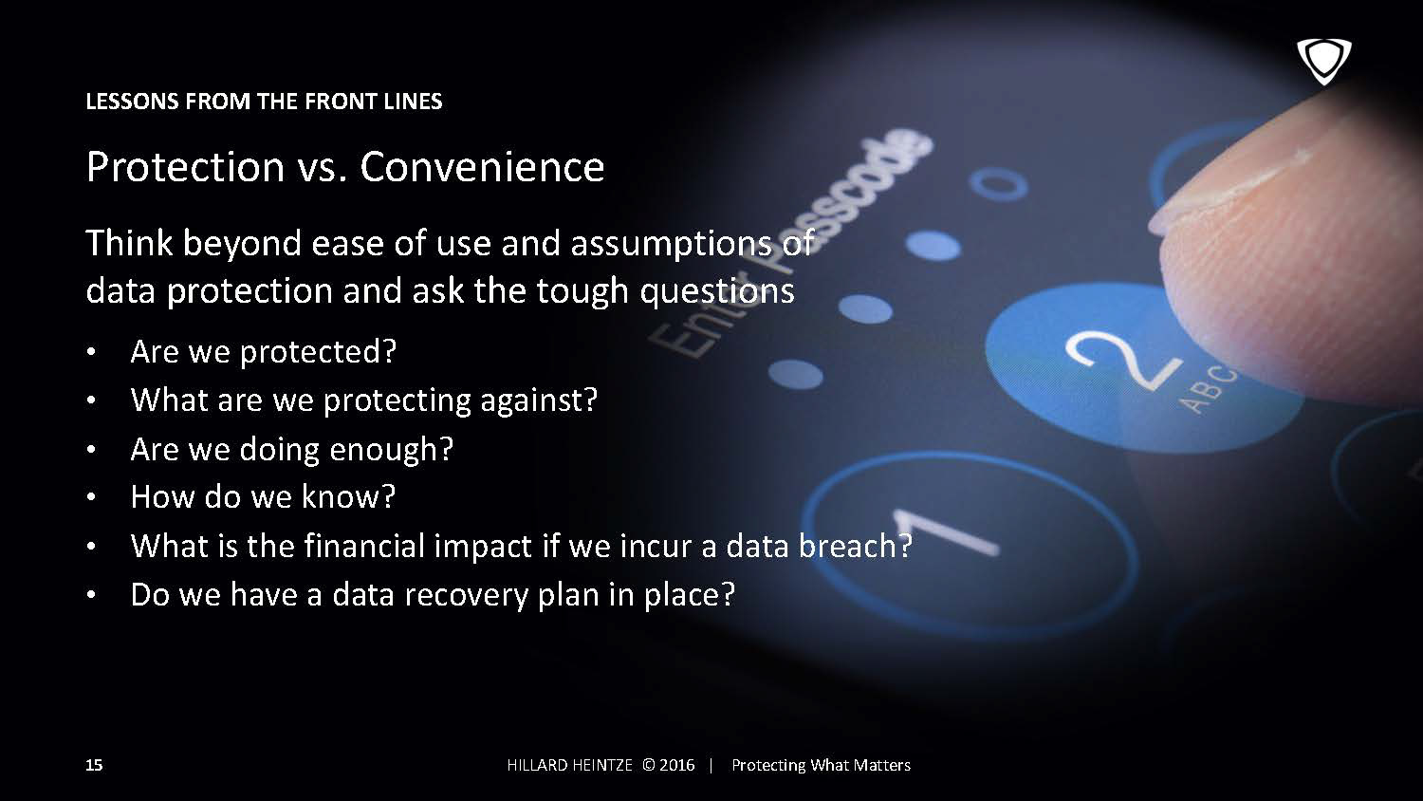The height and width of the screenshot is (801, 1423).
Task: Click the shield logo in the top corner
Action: tap(1324, 62)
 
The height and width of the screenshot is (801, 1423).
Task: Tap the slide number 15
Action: tap(94, 765)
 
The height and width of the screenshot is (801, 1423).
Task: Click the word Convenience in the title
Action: tap(482, 167)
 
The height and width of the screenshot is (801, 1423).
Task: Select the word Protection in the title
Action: tap(185, 167)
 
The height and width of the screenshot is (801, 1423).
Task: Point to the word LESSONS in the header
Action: tap(132, 102)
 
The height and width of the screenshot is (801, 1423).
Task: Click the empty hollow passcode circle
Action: tap(997, 185)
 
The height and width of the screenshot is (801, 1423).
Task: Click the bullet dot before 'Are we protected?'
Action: tap(91, 351)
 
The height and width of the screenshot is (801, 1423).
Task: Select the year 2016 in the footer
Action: tap(677, 765)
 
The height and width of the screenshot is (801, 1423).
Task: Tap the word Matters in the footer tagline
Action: tap(882, 765)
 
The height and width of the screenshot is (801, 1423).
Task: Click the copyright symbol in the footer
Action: tap(649, 765)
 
